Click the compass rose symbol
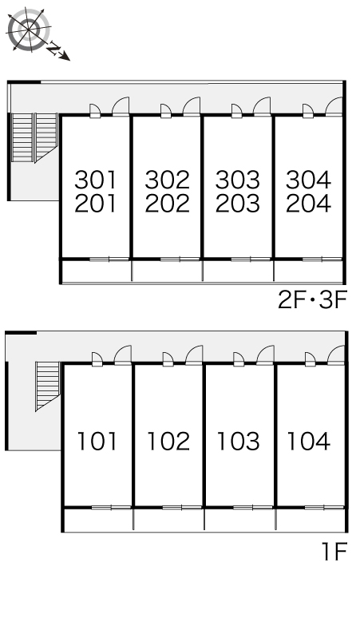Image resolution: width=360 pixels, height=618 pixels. coord(30,30)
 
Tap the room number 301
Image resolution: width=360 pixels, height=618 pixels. coord(96,180)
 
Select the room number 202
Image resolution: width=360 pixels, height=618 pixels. coord(167,204)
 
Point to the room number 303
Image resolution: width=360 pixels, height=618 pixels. coord(238,180)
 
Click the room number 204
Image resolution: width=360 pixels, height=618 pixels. coord(308,204)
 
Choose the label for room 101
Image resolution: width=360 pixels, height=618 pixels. coord(97,441)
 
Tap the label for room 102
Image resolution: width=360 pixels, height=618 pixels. coord(168,441)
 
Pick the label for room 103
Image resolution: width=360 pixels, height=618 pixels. coord(239,441)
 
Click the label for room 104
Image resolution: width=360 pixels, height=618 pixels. coord(309,441)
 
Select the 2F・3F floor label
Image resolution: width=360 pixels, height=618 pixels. coord(312,301)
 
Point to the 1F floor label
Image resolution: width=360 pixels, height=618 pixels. coord(334,552)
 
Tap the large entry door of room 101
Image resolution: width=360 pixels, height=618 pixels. coord(123,355)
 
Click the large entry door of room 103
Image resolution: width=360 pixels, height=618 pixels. coord(265,355)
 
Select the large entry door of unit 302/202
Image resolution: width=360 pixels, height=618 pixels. coord(192,106)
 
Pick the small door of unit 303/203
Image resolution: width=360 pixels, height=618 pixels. coord(237,111)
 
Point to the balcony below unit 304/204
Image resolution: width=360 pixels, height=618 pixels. coord(308,271)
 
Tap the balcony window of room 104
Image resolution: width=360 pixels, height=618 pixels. coord(323,507)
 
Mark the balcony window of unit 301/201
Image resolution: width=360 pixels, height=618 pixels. coord(109,259)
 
